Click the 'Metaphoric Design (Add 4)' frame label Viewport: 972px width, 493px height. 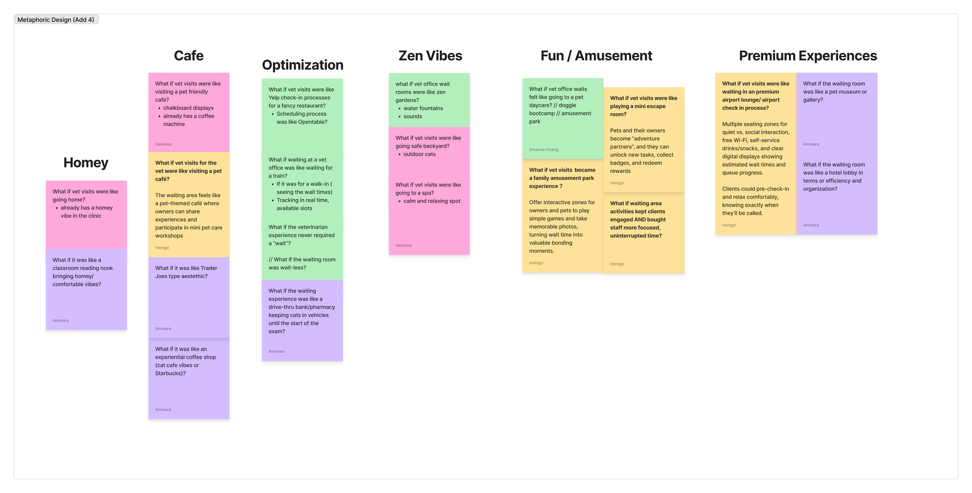[56, 20]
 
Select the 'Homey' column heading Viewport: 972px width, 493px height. [86, 163]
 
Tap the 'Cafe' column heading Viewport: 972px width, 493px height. [189, 56]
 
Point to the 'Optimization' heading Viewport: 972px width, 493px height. [302, 65]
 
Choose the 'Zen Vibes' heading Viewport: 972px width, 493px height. [430, 56]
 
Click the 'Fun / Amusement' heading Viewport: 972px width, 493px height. [596, 56]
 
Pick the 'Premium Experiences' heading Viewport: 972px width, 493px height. [808, 56]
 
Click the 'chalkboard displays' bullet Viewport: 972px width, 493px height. [188, 108]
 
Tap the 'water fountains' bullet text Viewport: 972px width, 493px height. [423, 108]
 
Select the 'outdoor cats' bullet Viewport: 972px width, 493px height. [420, 154]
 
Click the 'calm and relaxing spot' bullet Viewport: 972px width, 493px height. [432, 201]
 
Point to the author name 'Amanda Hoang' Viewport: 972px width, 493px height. [544, 150]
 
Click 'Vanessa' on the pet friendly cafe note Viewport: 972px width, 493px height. [163, 144]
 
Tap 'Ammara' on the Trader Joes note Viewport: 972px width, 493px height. [163, 329]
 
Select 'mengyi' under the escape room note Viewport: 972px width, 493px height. [617, 183]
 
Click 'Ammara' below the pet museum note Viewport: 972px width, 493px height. [811, 144]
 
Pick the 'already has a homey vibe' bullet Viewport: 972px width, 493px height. [86, 212]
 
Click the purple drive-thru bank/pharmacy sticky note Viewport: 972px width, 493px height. [302, 311]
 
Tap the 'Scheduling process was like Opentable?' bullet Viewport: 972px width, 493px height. [302, 118]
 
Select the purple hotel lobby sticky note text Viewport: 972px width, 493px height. [834, 177]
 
